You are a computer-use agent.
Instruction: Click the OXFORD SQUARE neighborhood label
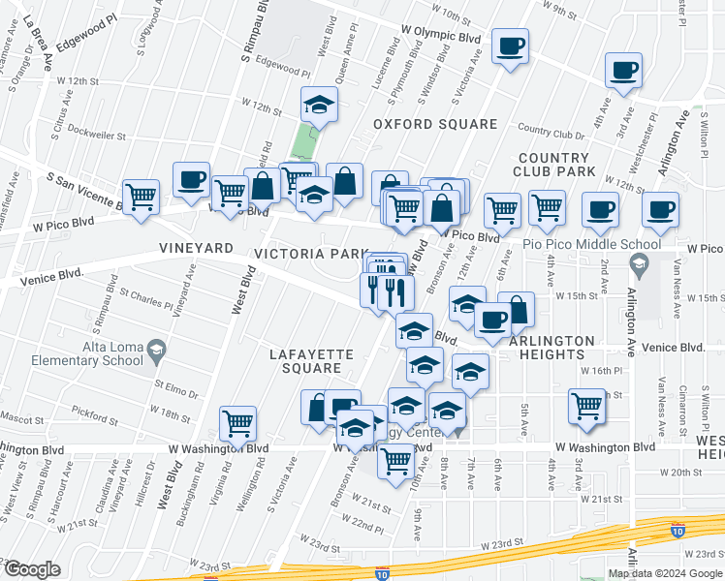point(435,124)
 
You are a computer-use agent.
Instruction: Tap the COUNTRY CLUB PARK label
point(553,165)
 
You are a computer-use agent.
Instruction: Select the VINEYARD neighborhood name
point(196,249)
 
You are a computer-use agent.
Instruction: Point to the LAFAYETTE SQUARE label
point(305,361)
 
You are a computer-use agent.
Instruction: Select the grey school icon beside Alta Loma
point(154,349)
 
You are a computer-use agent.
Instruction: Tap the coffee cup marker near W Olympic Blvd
point(510,46)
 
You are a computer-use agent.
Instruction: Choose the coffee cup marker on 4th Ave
point(624,70)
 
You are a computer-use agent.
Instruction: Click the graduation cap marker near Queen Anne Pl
point(318,104)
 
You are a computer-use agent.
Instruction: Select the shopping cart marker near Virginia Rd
point(237,422)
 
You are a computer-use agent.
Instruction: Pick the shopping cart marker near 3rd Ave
point(586,406)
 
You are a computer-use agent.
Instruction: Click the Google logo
point(32,569)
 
